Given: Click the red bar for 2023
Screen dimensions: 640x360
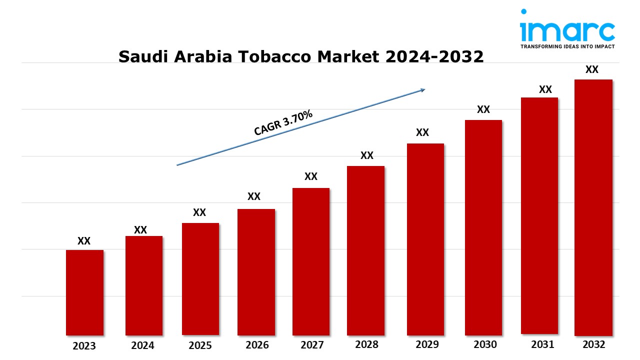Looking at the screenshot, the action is (84, 292).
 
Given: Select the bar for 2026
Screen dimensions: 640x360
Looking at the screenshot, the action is (256, 272).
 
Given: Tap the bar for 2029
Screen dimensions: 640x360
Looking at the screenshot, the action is (425, 239).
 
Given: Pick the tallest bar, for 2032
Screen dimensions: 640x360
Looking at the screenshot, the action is (593, 207).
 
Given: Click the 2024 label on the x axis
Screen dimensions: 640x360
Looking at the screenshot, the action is (142, 345).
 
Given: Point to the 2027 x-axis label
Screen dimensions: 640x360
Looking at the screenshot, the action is (312, 345).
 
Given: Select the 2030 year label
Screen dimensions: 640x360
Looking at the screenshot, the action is (485, 344).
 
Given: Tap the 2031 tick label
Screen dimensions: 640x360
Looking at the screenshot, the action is (542, 344).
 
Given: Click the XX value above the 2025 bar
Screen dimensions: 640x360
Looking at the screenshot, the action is (199, 212).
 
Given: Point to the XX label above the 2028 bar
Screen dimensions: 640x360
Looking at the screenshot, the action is (367, 155).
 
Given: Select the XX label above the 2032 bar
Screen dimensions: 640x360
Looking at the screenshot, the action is (591, 69).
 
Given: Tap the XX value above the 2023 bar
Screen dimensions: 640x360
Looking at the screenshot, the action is (84, 241).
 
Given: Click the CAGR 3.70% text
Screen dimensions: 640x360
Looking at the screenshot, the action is (283, 122).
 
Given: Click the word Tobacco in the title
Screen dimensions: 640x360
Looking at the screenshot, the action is (274, 56).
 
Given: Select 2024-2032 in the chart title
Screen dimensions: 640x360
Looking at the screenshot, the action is (434, 56).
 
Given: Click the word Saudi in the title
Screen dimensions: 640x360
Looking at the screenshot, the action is (143, 56).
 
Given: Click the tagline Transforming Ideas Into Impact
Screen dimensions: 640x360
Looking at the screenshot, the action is (567, 46).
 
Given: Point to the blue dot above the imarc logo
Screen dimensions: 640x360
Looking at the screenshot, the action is (523, 11).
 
